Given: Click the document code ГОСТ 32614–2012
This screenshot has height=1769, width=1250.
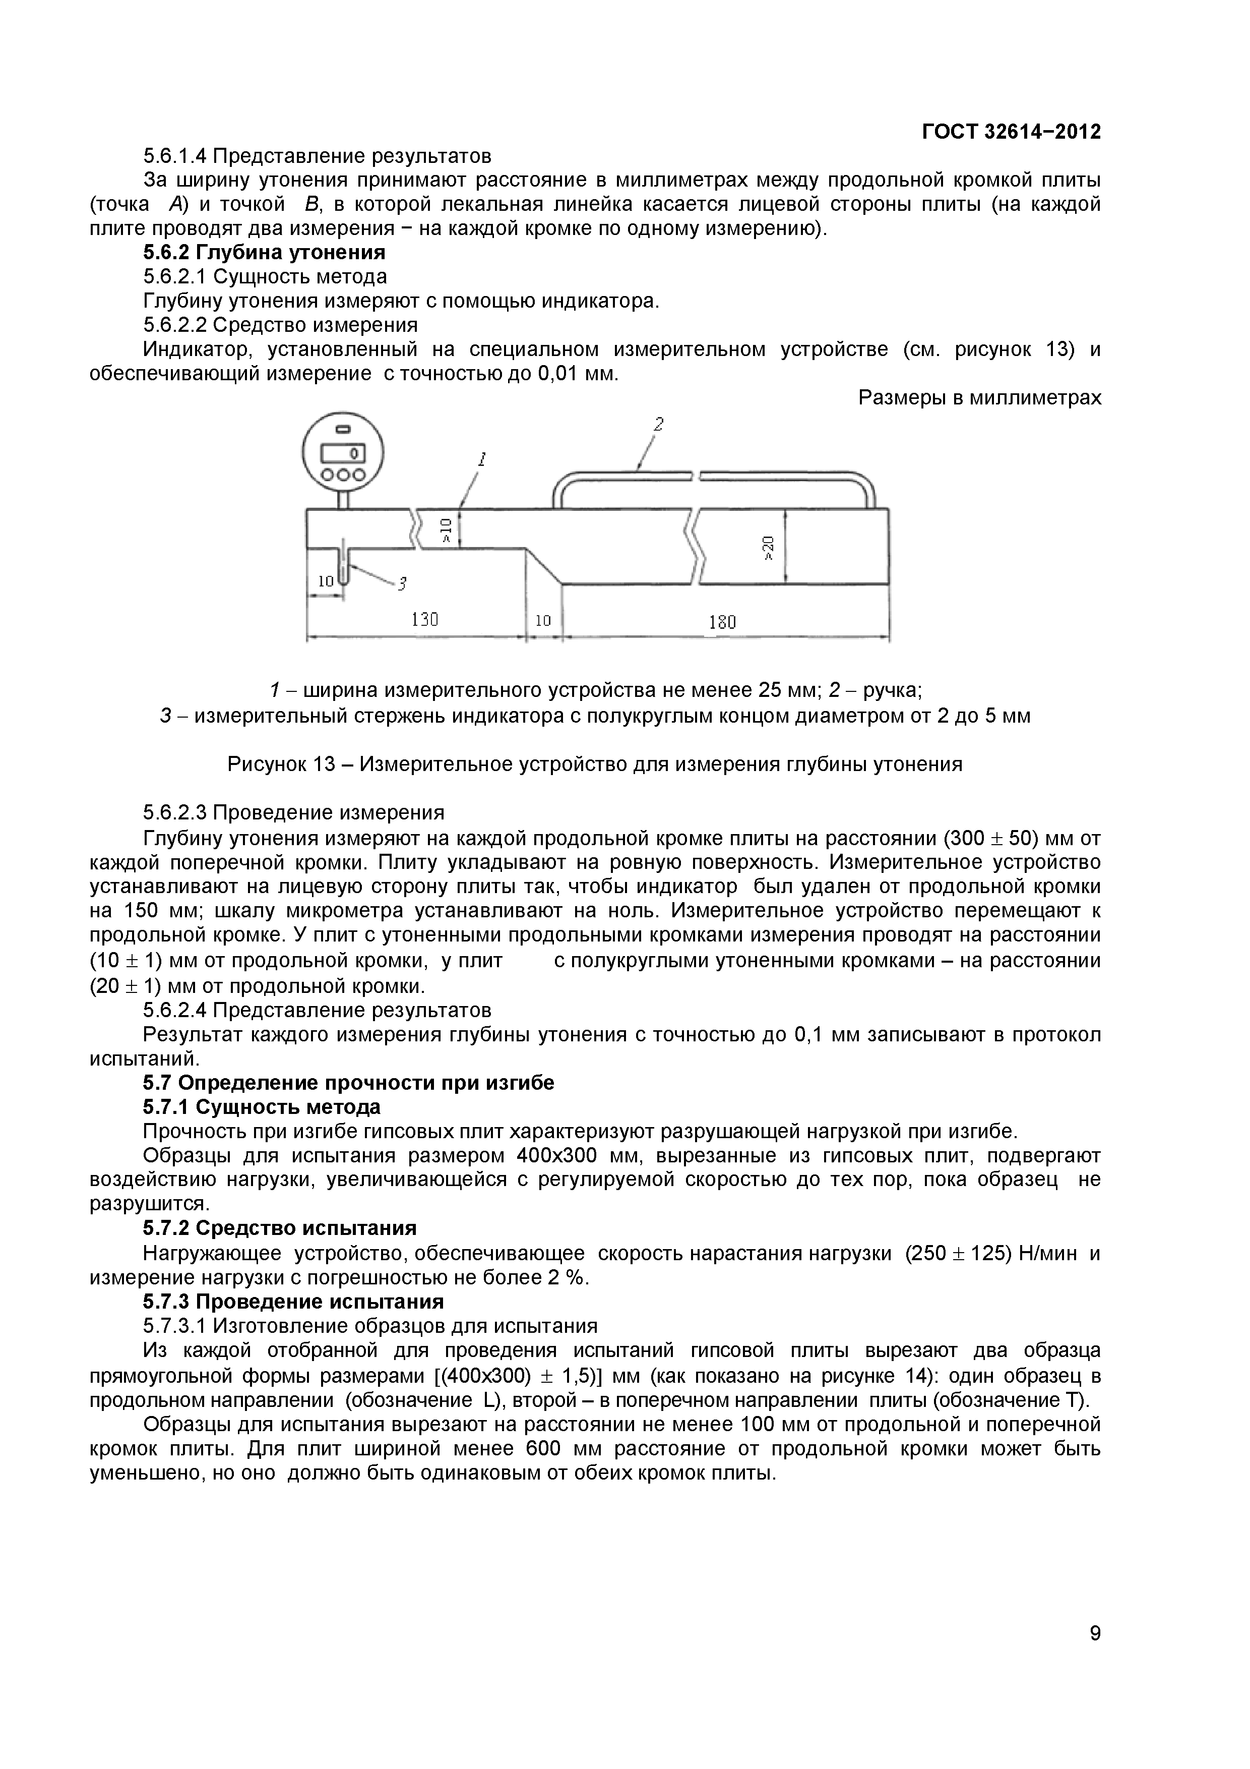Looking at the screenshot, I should pos(1011,132).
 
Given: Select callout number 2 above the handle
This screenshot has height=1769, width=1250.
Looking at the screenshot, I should pos(658,424).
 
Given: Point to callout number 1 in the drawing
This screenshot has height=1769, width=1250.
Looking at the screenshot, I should pos(481,460).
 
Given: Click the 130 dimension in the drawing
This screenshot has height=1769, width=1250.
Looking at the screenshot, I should pos(424,619).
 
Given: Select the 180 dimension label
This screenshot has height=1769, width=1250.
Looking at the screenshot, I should pos(722,621).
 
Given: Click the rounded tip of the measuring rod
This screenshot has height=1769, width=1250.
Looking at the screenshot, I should pos(344,580).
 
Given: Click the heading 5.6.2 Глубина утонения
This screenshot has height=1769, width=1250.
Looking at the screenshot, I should pos(264,252).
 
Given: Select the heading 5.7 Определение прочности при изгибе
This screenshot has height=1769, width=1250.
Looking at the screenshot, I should pos(348,1083).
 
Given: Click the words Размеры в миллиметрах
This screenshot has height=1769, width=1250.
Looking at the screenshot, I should pos(980,397).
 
